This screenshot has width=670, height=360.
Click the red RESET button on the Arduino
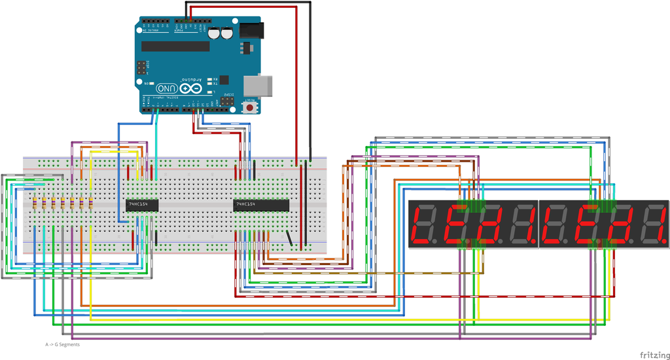[250, 107]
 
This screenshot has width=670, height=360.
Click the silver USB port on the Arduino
[259, 86]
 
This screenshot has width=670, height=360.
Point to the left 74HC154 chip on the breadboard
[142, 204]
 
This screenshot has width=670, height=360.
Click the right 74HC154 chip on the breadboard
[261, 206]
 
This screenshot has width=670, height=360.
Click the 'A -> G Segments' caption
[62, 344]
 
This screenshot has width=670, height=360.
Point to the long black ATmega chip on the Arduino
[175, 46]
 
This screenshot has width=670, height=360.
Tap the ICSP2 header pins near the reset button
[228, 102]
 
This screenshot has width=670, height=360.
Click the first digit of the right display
[555, 225]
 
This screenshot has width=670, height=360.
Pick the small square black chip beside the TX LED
[224, 79]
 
